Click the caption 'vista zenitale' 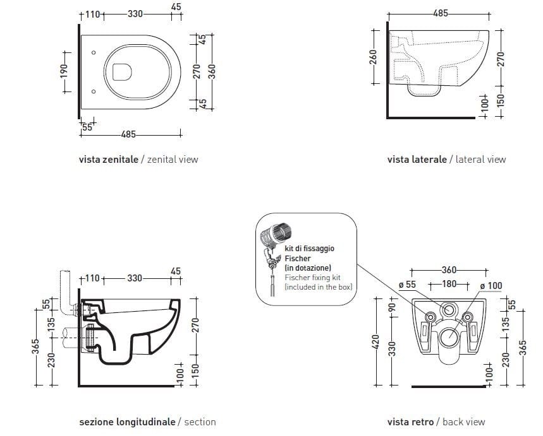(x=108, y=160)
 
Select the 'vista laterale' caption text (x=417, y=160)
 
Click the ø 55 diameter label (x=408, y=285)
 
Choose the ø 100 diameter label (x=491, y=286)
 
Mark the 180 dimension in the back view (x=449, y=284)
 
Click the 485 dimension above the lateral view (x=441, y=13)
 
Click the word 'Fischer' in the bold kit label (x=298, y=259)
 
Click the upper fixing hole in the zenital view (x=94, y=52)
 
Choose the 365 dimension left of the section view (x=36, y=347)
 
